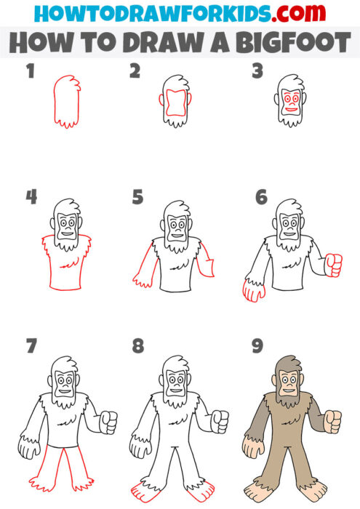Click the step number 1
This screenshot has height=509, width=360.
[x=30, y=71]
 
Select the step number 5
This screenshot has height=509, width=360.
[x=137, y=197]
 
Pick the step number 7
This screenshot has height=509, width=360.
[x=30, y=348]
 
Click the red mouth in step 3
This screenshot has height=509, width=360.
[x=291, y=111]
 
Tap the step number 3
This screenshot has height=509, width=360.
[x=256, y=71]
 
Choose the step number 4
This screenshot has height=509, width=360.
[x=30, y=197]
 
